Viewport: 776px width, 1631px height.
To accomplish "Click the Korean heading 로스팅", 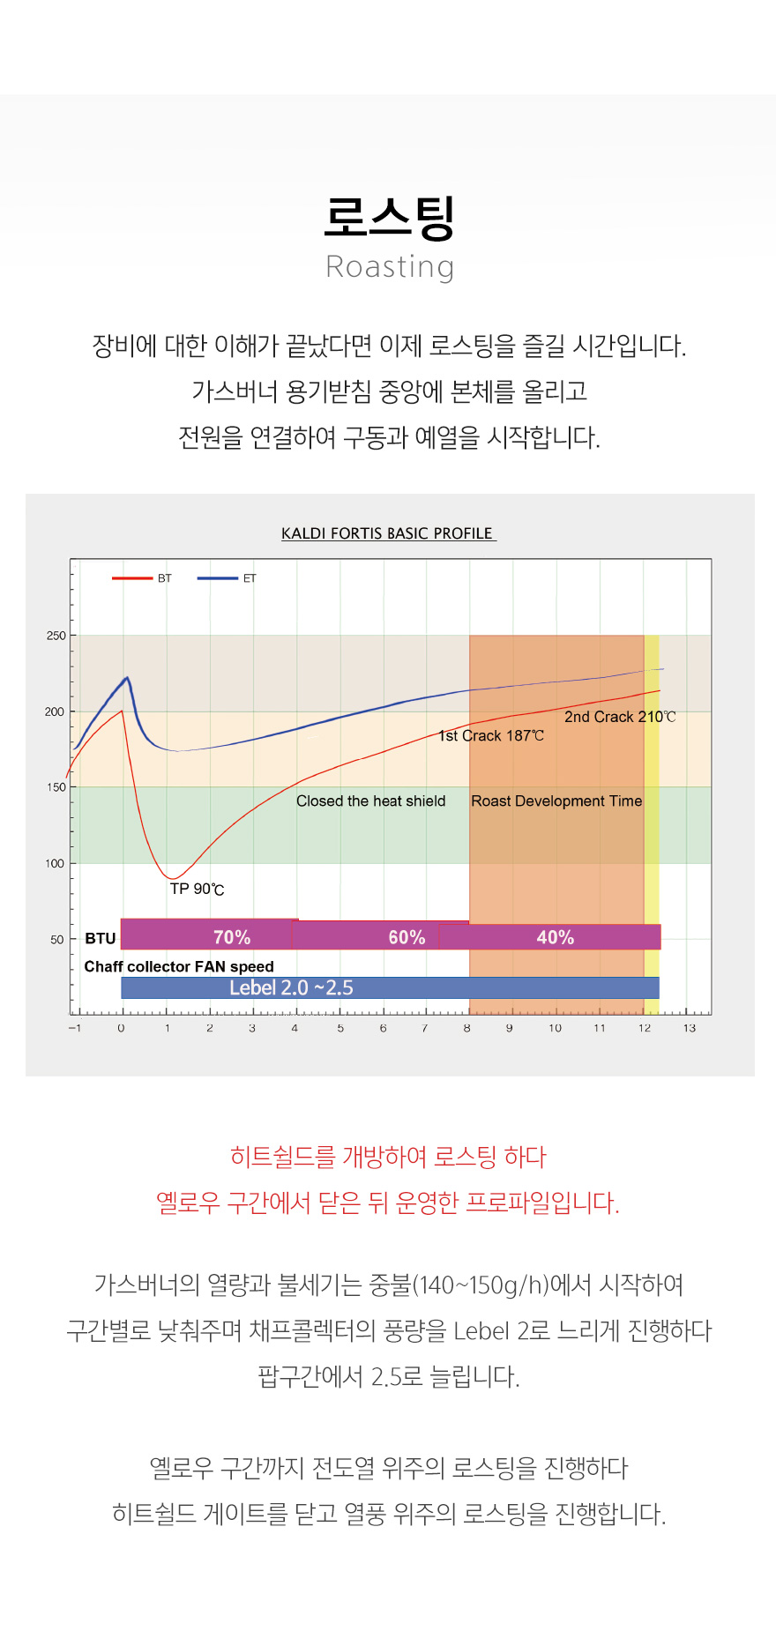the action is coord(389,218).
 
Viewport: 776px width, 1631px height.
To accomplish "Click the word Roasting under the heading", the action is coord(390,267).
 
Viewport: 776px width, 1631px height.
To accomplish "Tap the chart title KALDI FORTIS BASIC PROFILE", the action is coord(388,533).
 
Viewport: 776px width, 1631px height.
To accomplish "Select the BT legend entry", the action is coord(142,578).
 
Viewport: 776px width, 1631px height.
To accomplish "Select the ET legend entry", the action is coord(227,578).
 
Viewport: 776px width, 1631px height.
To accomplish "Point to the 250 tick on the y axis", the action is coord(56,636).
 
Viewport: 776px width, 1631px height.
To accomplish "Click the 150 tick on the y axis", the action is coord(56,787).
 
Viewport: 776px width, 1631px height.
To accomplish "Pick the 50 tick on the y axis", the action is coord(57,940).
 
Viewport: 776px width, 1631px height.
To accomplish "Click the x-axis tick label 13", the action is coord(690,1028).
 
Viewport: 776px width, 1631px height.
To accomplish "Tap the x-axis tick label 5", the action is coord(340,1028).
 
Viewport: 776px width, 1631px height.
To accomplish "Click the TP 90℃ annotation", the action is coord(197,889).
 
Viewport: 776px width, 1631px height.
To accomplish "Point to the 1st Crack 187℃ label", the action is coord(491,735).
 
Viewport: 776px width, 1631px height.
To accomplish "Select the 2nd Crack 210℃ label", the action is coord(620,717).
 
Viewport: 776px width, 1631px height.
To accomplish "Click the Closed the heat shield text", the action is coord(370,801).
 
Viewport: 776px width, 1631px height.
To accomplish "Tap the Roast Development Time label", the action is coord(556,801).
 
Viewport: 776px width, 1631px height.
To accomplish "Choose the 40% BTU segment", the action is coord(556,937).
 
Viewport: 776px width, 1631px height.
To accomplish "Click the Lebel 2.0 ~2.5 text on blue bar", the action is coord(291,988).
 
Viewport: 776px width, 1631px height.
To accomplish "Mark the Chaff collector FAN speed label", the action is coord(179,966).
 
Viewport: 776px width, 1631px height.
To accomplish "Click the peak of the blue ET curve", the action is coord(128,677).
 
